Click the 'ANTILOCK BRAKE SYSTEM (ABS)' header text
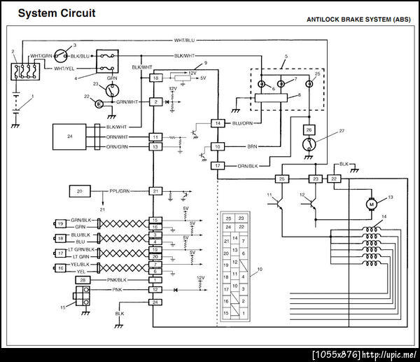click(x=358, y=20)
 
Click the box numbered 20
click(x=80, y=190)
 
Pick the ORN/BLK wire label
click(x=250, y=166)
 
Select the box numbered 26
click(x=309, y=130)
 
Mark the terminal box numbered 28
click(x=83, y=280)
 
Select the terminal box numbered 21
click(x=156, y=190)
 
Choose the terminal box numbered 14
click(x=218, y=123)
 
